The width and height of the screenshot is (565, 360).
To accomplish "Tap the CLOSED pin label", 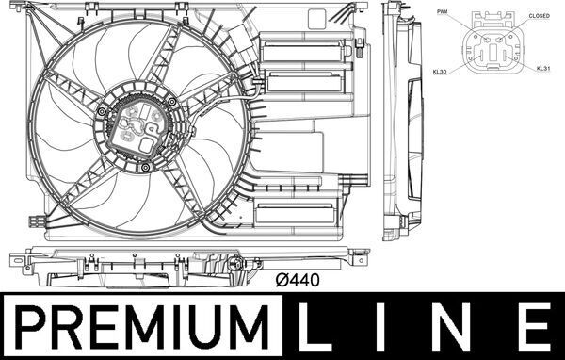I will tap(540, 16).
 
